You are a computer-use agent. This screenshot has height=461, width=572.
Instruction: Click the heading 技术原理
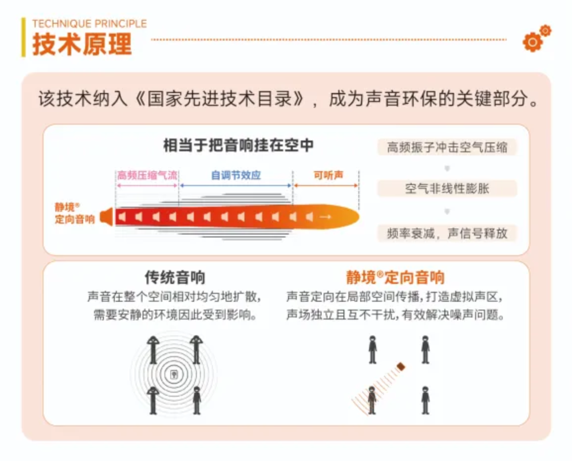[82, 44]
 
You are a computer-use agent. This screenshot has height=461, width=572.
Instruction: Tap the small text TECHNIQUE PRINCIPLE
[89, 24]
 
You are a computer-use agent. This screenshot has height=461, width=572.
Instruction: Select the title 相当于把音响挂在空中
[238, 146]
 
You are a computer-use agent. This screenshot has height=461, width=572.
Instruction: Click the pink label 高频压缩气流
[147, 176]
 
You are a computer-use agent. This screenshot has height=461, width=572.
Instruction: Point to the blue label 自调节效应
[236, 176]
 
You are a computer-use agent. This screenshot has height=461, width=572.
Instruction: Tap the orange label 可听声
[328, 176]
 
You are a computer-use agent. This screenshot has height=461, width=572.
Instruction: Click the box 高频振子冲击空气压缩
[447, 147]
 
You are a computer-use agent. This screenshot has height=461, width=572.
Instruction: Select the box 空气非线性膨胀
[447, 189]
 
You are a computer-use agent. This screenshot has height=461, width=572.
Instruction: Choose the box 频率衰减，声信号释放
[447, 233]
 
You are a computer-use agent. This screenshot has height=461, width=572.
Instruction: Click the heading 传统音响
[175, 277]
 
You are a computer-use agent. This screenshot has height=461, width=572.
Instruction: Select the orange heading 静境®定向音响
[395, 277]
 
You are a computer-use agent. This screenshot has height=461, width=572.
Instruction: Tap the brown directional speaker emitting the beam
[401, 367]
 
